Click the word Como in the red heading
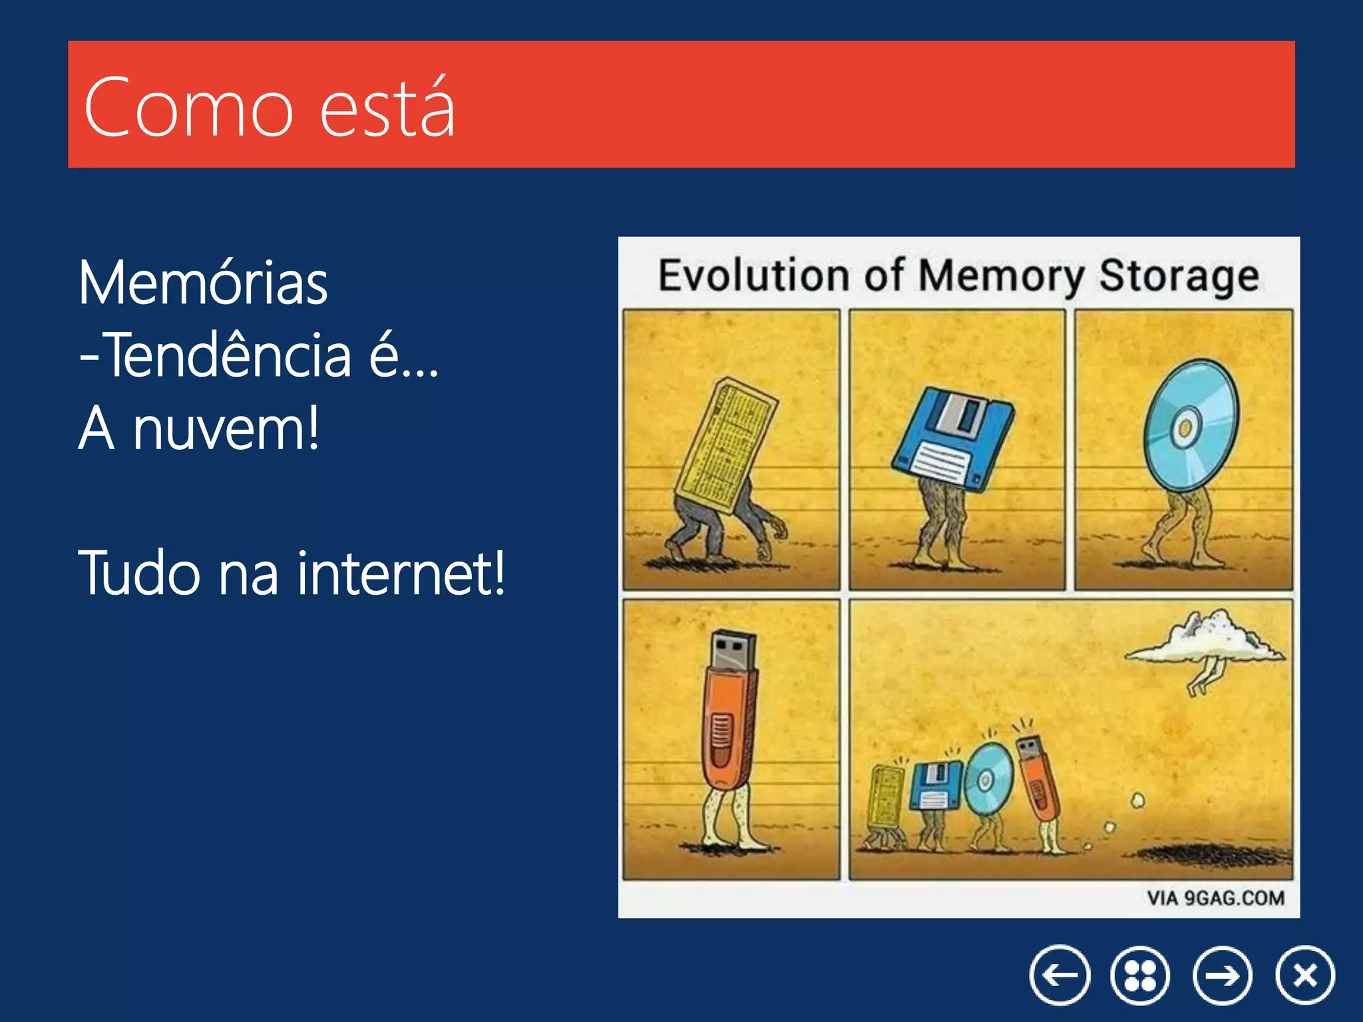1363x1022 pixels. tap(188, 108)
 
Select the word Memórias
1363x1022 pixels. tap(203, 283)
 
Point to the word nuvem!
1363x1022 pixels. tap(226, 429)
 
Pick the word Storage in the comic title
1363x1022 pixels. tap(1179, 276)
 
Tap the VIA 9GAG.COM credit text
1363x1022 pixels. tap(1215, 898)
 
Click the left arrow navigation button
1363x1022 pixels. tap(1060, 975)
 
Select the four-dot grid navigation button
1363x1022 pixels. tap(1140, 975)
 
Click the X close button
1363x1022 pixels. tap(1305, 975)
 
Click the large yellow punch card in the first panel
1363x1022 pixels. tap(725, 446)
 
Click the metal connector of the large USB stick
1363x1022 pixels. tap(733, 649)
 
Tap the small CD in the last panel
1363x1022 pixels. tap(988, 778)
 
